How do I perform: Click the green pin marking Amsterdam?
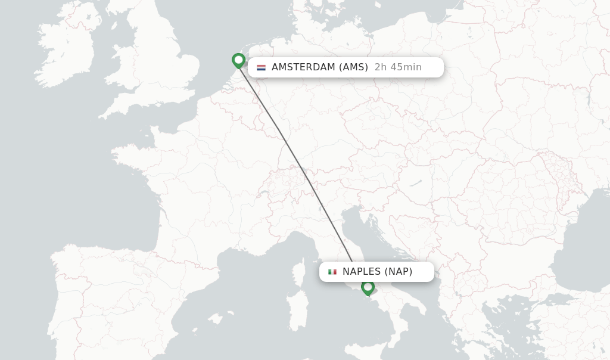click(x=238, y=60)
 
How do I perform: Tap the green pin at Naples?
click(x=368, y=287)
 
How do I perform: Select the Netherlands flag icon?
click(x=261, y=67)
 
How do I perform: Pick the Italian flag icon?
click(x=332, y=272)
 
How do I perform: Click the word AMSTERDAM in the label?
click(x=303, y=67)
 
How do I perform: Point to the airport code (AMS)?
click(x=354, y=67)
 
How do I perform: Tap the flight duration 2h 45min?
click(x=398, y=67)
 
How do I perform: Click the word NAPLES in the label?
click(x=362, y=272)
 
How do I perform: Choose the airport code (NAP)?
click(x=398, y=272)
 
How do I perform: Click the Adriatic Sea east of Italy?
click(x=381, y=238)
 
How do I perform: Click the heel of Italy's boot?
click(x=421, y=310)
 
